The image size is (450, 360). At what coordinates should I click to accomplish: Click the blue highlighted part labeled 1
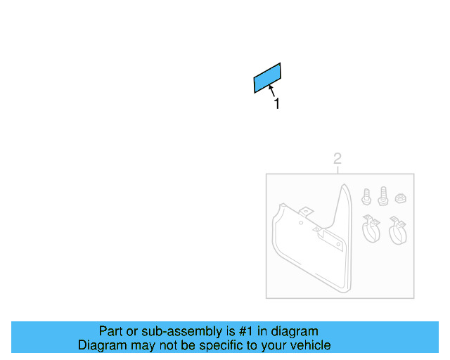click(267, 78)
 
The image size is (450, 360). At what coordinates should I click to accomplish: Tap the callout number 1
click(277, 103)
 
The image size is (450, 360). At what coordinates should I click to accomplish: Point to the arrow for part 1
click(272, 91)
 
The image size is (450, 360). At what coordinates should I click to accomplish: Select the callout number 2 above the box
click(337, 159)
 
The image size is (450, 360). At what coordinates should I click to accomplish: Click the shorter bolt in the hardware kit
click(366, 197)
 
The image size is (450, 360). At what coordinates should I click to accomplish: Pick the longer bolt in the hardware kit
click(383, 196)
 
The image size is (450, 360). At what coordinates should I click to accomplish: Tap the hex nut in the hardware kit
click(400, 198)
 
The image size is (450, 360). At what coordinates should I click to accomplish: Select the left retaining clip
click(371, 229)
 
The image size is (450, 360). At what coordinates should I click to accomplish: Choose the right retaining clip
click(398, 231)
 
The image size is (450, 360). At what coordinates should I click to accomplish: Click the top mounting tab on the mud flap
click(306, 213)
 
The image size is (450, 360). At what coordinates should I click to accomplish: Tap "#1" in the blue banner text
click(246, 331)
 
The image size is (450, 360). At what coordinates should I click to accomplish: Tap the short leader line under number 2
click(337, 170)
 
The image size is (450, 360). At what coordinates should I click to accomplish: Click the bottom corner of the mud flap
click(346, 292)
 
